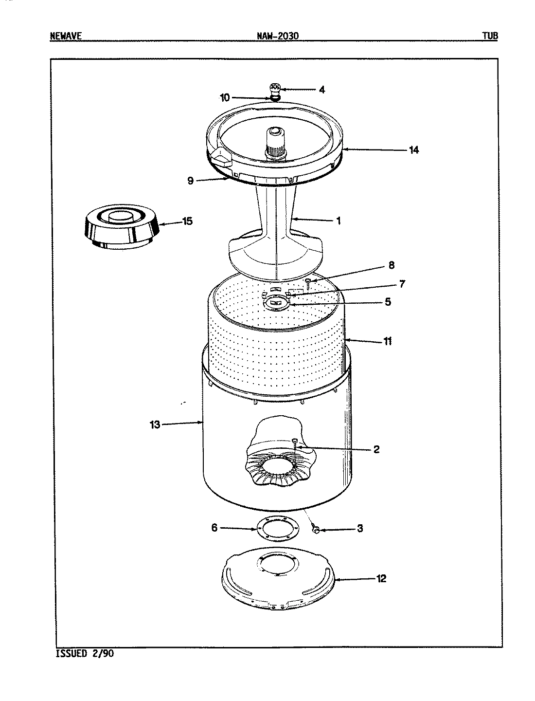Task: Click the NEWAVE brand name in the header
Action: (65, 36)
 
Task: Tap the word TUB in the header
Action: (490, 36)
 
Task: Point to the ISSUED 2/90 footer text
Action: (82, 653)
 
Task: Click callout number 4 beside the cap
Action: (321, 90)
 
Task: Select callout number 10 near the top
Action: (225, 98)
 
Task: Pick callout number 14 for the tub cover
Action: (413, 150)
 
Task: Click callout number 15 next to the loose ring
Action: (187, 221)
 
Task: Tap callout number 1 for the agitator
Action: (339, 221)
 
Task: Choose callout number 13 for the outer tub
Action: (155, 424)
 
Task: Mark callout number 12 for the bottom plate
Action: (381, 579)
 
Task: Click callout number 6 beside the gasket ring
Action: (214, 528)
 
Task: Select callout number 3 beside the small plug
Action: (360, 528)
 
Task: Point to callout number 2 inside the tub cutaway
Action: (376, 449)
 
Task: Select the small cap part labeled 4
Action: (275, 88)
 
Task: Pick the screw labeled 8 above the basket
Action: (308, 282)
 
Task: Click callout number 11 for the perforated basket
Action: (387, 341)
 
